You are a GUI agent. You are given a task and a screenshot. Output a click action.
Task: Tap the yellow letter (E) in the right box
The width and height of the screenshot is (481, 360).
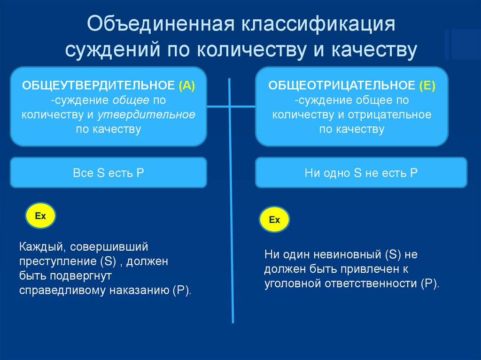pos(428,86)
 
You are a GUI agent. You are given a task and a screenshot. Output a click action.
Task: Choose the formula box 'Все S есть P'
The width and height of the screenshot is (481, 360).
pos(109,173)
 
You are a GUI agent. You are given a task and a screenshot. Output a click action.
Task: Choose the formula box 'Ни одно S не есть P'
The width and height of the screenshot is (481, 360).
pos(361,173)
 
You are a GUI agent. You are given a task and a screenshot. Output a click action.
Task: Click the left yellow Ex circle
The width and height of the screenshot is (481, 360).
pos(40,216)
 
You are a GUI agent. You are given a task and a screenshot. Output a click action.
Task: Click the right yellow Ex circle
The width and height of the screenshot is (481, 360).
pos(274,220)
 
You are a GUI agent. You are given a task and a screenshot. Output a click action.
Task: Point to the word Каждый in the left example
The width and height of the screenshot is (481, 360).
pos(38,246)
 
